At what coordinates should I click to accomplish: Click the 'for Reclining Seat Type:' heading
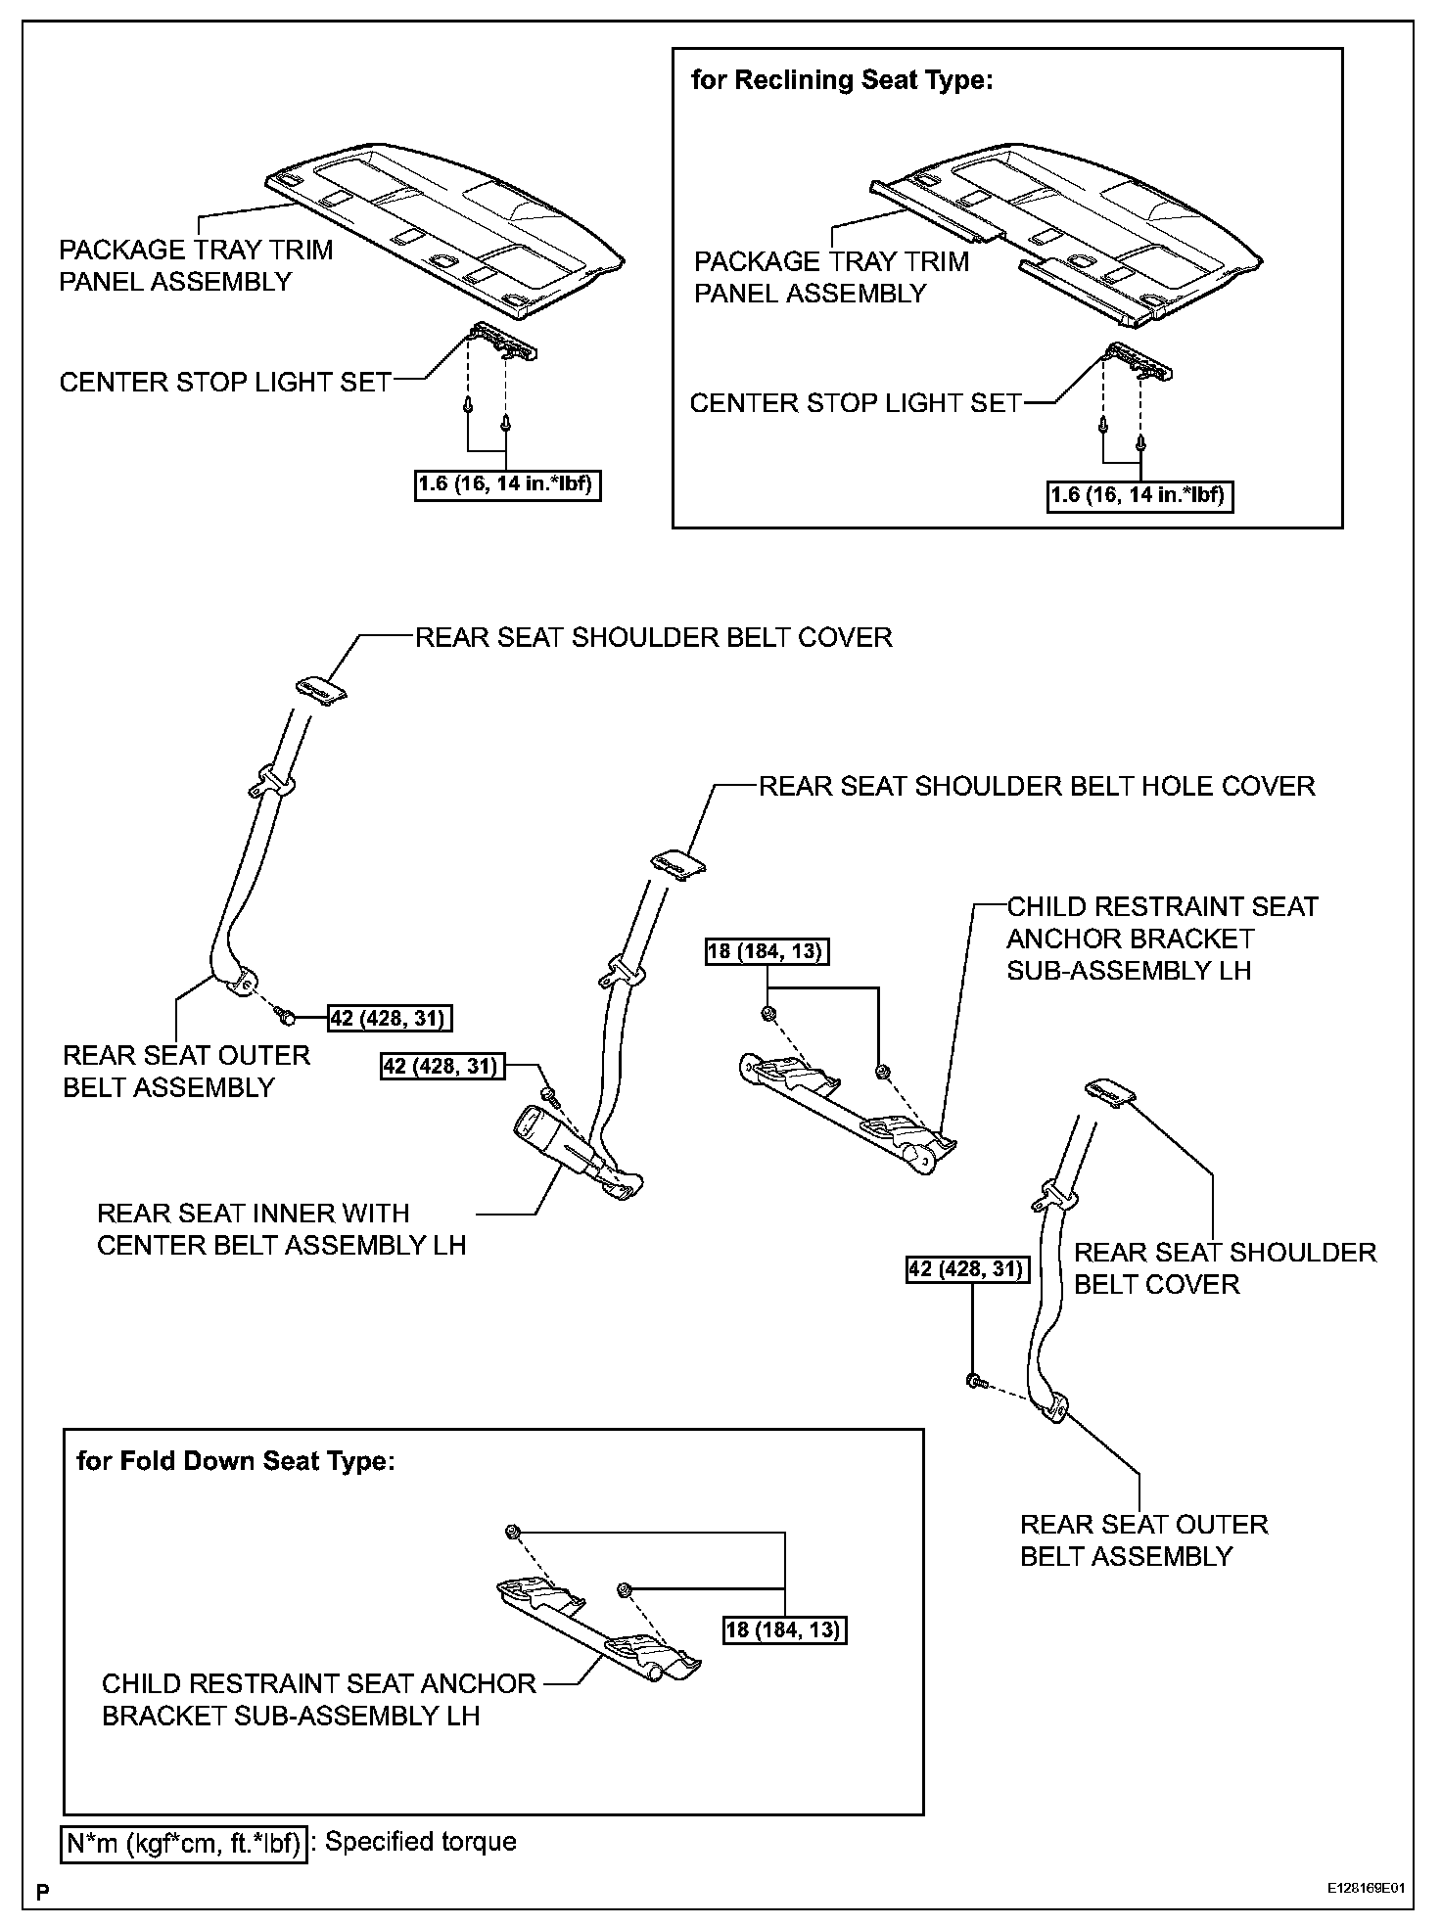click(x=842, y=80)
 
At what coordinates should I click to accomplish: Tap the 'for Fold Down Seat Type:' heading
click(x=236, y=1461)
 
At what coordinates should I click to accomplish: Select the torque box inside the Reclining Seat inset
click(x=1139, y=495)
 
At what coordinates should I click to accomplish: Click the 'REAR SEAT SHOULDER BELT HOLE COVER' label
click(x=1037, y=786)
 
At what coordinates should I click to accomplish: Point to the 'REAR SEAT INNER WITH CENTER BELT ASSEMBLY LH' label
click(x=281, y=1229)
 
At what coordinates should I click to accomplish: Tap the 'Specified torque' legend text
click(x=420, y=1841)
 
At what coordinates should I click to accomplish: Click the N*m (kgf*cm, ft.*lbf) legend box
click(x=184, y=1844)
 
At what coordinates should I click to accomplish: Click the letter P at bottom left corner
click(x=43, y=1893)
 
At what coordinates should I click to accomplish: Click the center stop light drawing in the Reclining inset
click(x=1139, y=362)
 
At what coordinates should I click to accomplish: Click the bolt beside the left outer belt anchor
click(x=288, y=1018)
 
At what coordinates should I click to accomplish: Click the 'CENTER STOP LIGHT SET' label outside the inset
click(x=225, y=383)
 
